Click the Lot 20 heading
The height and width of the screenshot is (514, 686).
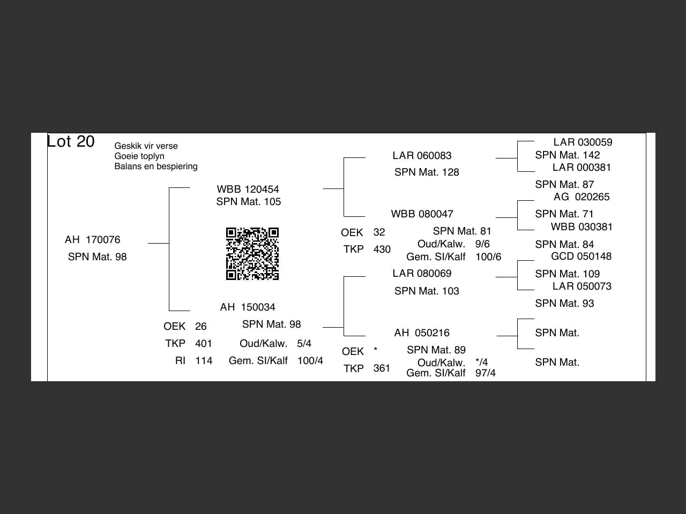click(71, 142)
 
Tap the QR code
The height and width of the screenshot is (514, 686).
click(252, 254)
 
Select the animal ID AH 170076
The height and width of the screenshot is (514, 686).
click(92, 240)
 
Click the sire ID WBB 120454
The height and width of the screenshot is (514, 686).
click(248, 190)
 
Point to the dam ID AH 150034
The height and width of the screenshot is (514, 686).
click(248, 307)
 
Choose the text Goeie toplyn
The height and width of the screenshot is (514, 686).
click(139, 156)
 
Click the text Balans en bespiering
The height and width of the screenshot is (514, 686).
click(156, 167)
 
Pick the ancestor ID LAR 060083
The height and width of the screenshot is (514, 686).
click(422, 156)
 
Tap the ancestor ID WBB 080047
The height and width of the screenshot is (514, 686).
click(422, 214)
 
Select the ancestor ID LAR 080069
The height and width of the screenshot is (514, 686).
click(422, 274)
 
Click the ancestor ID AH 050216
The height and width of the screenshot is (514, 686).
click(422, 333)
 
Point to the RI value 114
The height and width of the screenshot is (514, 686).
click(204, 361)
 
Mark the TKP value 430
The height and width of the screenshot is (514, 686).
click(382, 250)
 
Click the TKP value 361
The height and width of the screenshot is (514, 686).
click(382, 368)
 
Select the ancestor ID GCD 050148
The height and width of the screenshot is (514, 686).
click(581, 256)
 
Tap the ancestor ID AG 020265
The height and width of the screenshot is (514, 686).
click(581, 197)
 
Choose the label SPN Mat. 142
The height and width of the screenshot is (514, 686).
click(568, 155)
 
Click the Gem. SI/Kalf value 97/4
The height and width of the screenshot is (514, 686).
click(486, 373)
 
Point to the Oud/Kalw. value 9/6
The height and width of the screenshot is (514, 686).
click(482, 244)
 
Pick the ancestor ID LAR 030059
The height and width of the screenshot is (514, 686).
click(583, 142)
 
